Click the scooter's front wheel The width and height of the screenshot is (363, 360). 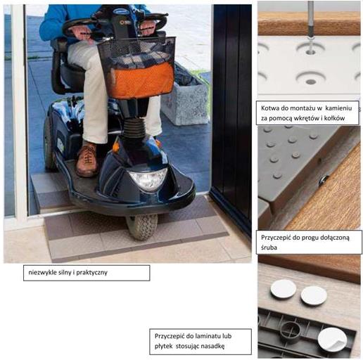(142, 226)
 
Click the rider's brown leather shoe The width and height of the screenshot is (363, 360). (87, 160)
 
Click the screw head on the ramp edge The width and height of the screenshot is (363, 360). (324, 180)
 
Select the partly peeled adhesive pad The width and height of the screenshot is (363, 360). (332, 340)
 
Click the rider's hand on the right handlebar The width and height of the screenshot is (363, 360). (147, 27)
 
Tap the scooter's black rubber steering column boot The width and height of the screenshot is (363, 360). (134, 127)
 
